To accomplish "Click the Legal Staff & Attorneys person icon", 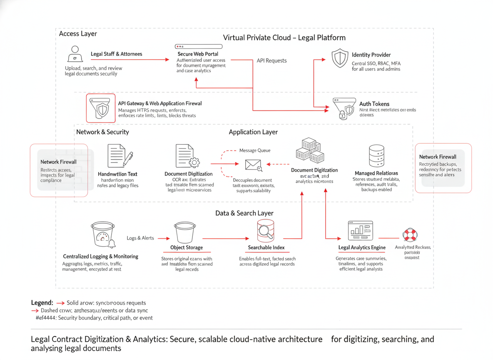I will click(x=75, y=54).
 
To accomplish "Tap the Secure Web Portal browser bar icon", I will click(x=199, y=46).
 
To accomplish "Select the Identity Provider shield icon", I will click(x=340, y=58).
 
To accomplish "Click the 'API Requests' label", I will click(x=271, y=60).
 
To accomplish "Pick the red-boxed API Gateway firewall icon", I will click(x=101, y=108).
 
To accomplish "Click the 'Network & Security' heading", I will click(x=102, y=132).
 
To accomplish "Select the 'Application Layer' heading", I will click(x=253, y=132).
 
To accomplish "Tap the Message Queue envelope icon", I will click(x=253, y=165).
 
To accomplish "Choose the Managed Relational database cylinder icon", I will click(x=376, y=156).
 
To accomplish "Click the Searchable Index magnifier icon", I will click(x=266, y=232).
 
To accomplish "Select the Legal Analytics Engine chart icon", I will click(x=360, y=231).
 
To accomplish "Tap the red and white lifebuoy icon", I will click(x=410, y=235).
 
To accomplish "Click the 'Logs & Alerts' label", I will click(x=140, y=238).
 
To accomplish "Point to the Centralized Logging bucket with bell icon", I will click(x=102, y=235).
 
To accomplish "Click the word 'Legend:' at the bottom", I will click(x=42, y=302).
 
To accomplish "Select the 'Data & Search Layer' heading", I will click(x=244, y=213).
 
